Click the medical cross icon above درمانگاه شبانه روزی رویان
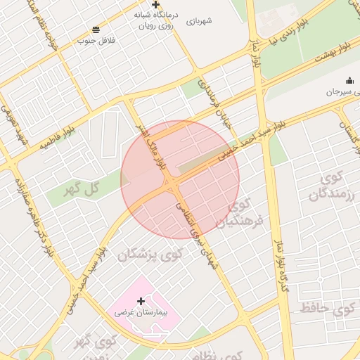155,4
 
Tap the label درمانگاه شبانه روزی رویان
154,19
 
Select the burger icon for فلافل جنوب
96,30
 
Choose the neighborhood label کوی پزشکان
149,254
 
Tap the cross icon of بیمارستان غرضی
141,301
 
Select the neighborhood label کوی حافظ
327,307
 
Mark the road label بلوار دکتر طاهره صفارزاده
32,215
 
